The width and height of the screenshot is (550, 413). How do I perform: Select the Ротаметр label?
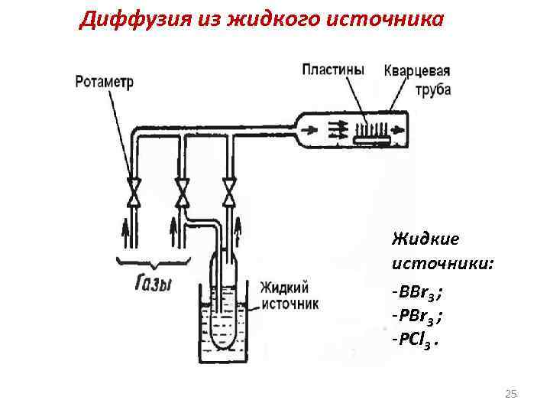(103, 81)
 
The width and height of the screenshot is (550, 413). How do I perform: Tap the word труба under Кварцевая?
(433, 89)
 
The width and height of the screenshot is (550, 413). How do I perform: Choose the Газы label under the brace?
(154, 285)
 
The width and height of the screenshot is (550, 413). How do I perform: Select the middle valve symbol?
(183, 192)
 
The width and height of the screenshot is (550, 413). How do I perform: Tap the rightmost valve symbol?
(228, 192)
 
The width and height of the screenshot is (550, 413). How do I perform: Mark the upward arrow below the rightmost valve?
(238, 228)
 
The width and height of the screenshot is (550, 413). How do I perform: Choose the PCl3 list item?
(416, 340)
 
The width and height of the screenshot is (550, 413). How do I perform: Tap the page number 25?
(511, 394)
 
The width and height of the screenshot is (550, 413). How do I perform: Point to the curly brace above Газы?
(153, 263)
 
